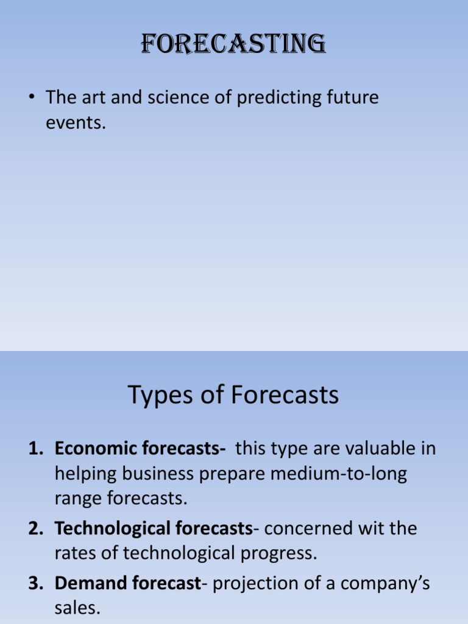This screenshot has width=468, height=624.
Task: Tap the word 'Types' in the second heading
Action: tap(158, 396)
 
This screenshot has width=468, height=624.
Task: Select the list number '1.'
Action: tap(38, 449)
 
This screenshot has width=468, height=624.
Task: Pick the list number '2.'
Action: tap(38, 528)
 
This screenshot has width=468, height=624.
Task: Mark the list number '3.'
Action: tap(38, 583)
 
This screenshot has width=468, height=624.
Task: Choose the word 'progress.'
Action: tap(280, 553)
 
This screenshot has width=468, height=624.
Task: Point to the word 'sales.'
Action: tap(77, 608)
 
